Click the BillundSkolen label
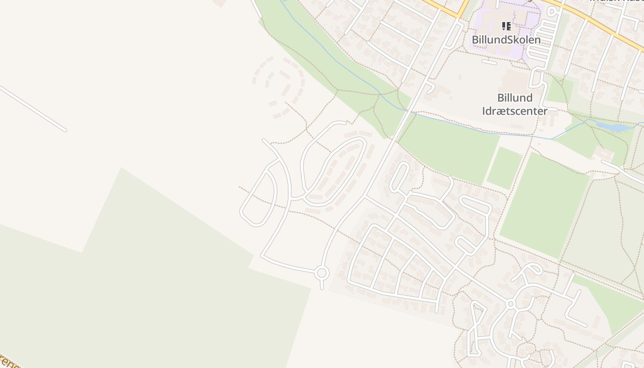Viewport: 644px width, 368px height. pyautogui.click(x=506, y=40)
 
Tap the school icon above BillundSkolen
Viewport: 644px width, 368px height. pyautogui.click(x=506, y=26)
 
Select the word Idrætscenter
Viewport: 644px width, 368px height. pyautogui.click(x=515, y=111)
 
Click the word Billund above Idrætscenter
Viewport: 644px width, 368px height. pyautogui.click(x=515, y=98)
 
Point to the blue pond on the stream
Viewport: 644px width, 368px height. pyautogui.click(x=614, y=126)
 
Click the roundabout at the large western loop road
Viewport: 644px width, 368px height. pyautogui.click(x=322, y=273)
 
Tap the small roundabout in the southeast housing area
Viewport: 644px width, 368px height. pyautogui.click(x=510, y=304)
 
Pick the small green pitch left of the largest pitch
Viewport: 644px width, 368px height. pyautogui.click(x=504, y=168)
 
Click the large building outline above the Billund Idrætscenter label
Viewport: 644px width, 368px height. pyautogui.click(x=514, y=80)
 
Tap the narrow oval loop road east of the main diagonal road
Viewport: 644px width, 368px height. pyautogui.click(x=399, y=177)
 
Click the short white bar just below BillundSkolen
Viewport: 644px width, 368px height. pyautogui.click(x=489, y=62)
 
